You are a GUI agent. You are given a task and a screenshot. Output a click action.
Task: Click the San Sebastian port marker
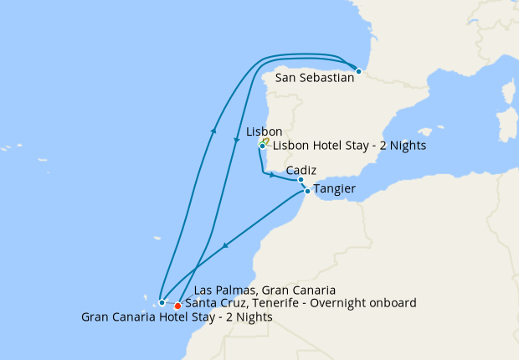358,71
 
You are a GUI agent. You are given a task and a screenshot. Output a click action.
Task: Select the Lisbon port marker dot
262,146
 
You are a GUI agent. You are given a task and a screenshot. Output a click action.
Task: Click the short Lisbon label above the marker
265,132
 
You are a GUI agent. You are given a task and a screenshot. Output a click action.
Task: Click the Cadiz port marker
301,179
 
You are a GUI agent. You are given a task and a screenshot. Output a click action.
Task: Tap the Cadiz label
301,170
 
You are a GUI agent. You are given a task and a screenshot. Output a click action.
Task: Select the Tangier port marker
307,192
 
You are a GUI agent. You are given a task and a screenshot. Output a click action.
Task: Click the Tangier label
335,190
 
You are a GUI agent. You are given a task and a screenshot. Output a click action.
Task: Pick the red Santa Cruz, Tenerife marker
177,306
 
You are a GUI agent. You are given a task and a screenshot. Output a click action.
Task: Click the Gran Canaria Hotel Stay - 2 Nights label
177,317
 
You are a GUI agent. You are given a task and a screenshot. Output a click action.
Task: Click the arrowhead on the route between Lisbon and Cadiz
271,175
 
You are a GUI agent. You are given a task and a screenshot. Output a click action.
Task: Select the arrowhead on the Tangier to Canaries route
225,247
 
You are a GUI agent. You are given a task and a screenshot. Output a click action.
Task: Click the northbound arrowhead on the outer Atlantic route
214,131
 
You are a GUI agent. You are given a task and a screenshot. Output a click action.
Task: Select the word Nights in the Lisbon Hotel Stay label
409,146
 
